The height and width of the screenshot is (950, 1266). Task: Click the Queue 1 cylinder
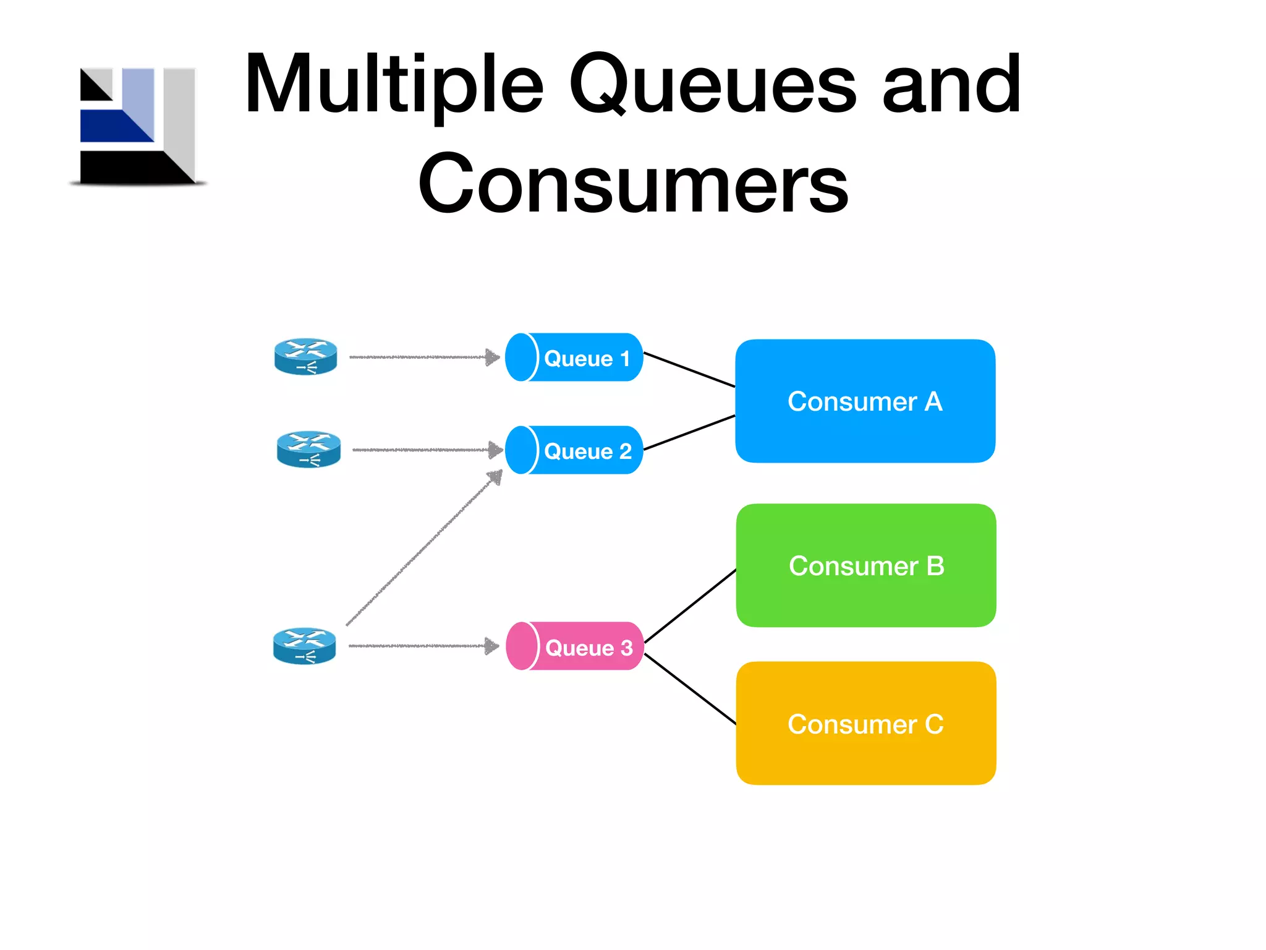[574, 357]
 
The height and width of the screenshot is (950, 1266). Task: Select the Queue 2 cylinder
[574, 450]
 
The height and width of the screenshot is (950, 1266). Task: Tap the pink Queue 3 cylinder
[575, 646]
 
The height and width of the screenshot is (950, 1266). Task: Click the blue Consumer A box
[865, 401]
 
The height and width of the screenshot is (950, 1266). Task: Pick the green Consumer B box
[865, 565]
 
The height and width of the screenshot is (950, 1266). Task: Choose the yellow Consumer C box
[865, 723]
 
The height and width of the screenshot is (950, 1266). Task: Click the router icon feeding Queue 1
[305, 357]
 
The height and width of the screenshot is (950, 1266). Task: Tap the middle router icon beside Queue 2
[308, 450]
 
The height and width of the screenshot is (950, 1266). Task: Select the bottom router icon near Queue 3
[305, 646]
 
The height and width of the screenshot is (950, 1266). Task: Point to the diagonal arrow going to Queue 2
[424, 548]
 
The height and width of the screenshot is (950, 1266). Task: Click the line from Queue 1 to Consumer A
[689, 370]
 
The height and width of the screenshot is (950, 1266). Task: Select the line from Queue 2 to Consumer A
[689, 432]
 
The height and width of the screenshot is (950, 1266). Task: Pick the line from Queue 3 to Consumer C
[690, 689]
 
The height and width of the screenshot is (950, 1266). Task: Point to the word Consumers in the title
[633, 183]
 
